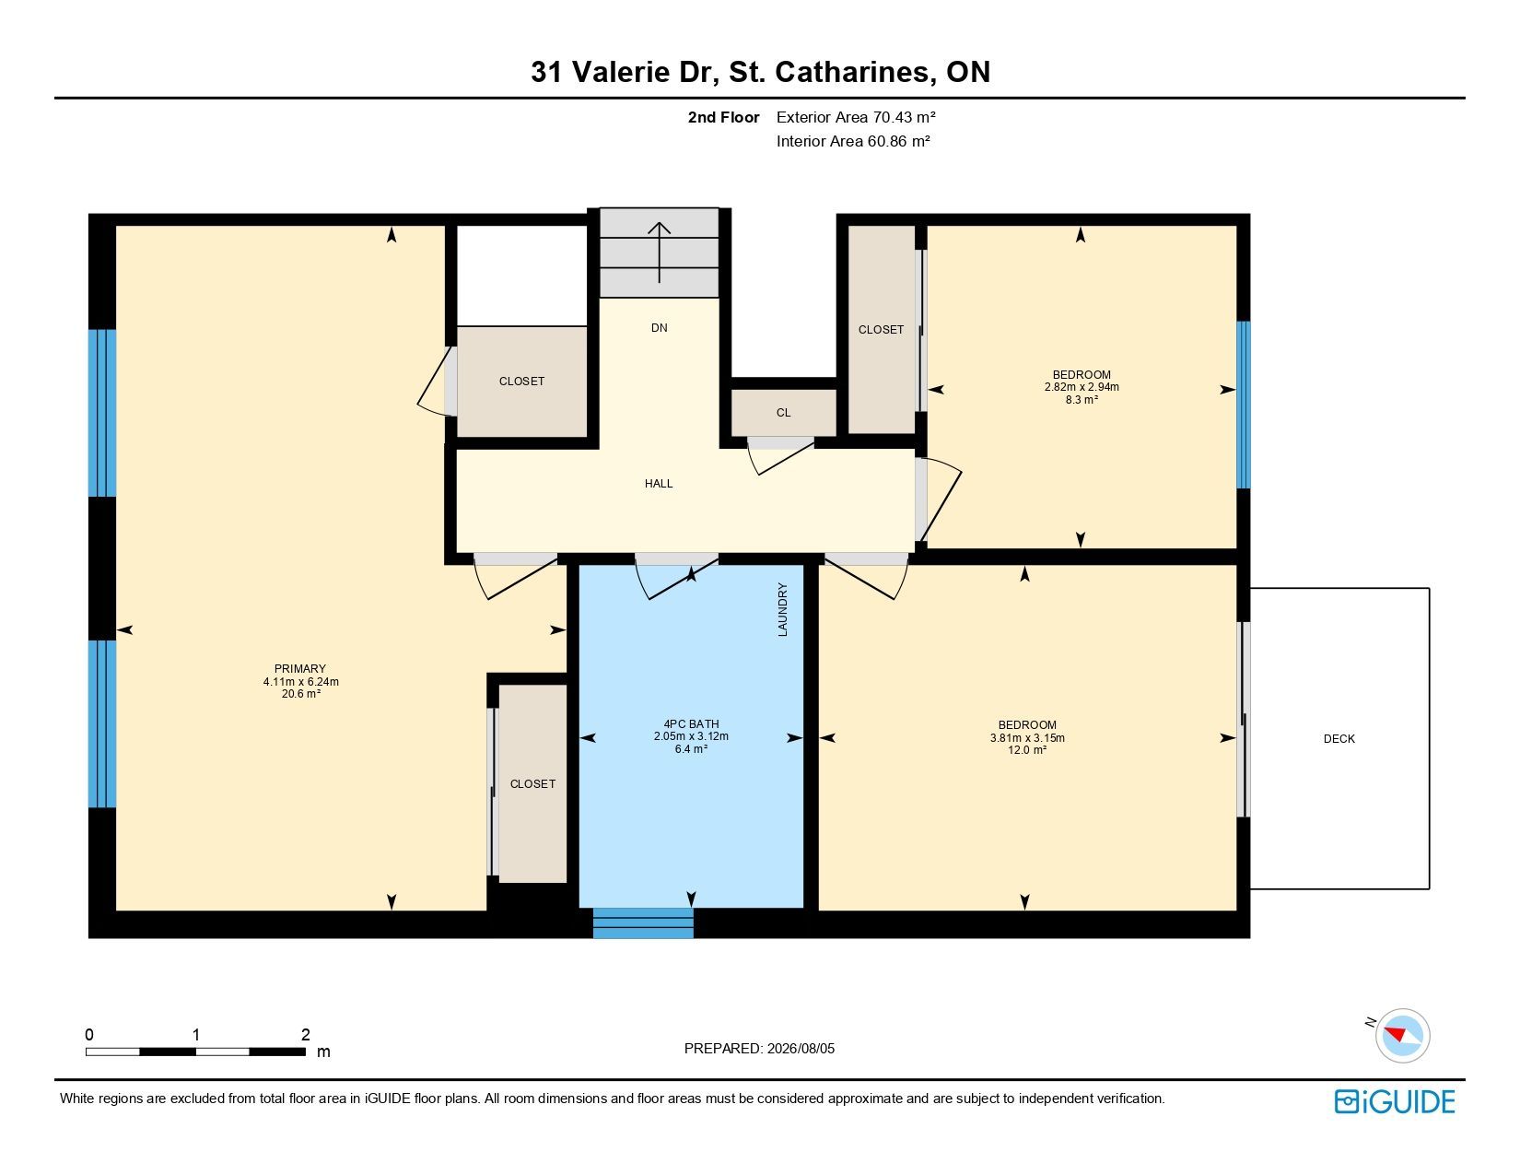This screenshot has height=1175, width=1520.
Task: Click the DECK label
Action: coord(1339,738)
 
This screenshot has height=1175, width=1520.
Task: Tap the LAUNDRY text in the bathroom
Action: coord(782,609)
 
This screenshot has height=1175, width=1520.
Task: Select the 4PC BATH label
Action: coord(691,723)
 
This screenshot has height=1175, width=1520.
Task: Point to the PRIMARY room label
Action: coord(300,668)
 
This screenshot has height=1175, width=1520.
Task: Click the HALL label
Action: coord(659,484)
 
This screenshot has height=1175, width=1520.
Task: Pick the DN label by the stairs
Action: coord(659,327)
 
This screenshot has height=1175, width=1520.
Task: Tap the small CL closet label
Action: coord(783,413)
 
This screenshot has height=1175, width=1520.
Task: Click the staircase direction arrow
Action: coord(659,252)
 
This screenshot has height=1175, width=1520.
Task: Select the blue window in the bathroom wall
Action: coord(643,922)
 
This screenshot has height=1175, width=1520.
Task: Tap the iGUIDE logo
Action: coord(1394,1101)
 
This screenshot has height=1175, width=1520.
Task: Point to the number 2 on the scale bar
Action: coord(306,1034)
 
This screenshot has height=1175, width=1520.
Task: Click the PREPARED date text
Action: coord(759,1049)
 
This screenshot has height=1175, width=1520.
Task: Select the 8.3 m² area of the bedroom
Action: coord(1082,400)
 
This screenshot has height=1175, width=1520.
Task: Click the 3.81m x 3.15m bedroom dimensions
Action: coord(1027,737)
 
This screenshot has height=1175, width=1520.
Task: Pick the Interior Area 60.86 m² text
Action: coord(853,141)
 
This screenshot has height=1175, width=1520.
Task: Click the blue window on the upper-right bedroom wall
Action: coord(1243,405)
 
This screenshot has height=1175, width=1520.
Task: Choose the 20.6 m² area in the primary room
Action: coord(301,694)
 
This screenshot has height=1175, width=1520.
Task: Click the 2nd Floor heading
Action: coord(723,118)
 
